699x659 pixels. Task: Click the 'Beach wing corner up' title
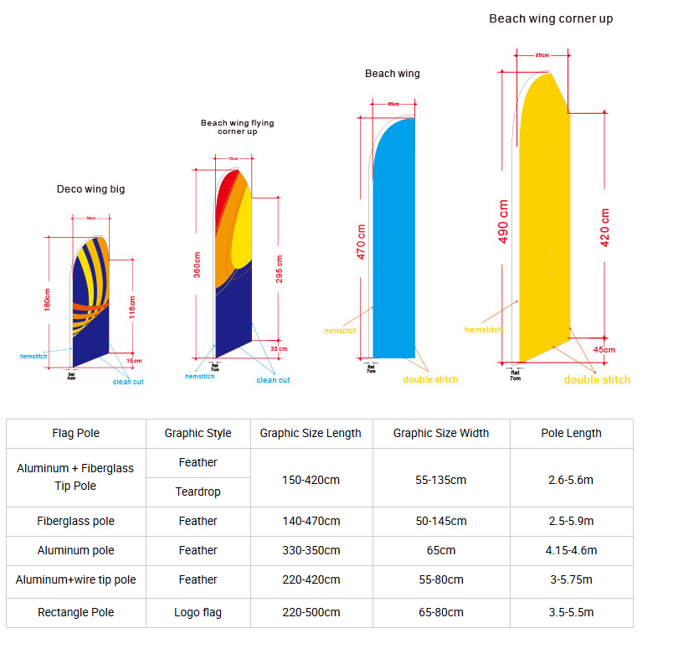pos(551,18)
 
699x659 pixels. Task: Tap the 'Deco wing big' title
pos(90,189)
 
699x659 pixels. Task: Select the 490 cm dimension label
pos(504,221)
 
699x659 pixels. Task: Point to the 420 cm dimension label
pos(604,226)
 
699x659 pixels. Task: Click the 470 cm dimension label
pos(362,241)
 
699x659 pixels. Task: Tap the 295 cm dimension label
pos(279,268)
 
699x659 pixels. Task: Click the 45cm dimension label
pos(604,349)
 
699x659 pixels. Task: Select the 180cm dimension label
pos(48,300)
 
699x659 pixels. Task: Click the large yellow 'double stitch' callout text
pos(597,380)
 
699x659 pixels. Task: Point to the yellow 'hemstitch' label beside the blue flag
pos(340,331)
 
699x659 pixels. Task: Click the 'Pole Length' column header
pos(571,433)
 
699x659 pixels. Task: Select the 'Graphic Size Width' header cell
pos(440,433)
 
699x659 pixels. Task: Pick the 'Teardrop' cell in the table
pos(198,492)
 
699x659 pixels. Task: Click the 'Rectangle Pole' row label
pos(75,612)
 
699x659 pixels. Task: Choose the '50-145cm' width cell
pos(440,521)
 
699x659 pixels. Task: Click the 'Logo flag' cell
pos(198,612)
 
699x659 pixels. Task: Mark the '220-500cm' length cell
pos(311,612)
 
